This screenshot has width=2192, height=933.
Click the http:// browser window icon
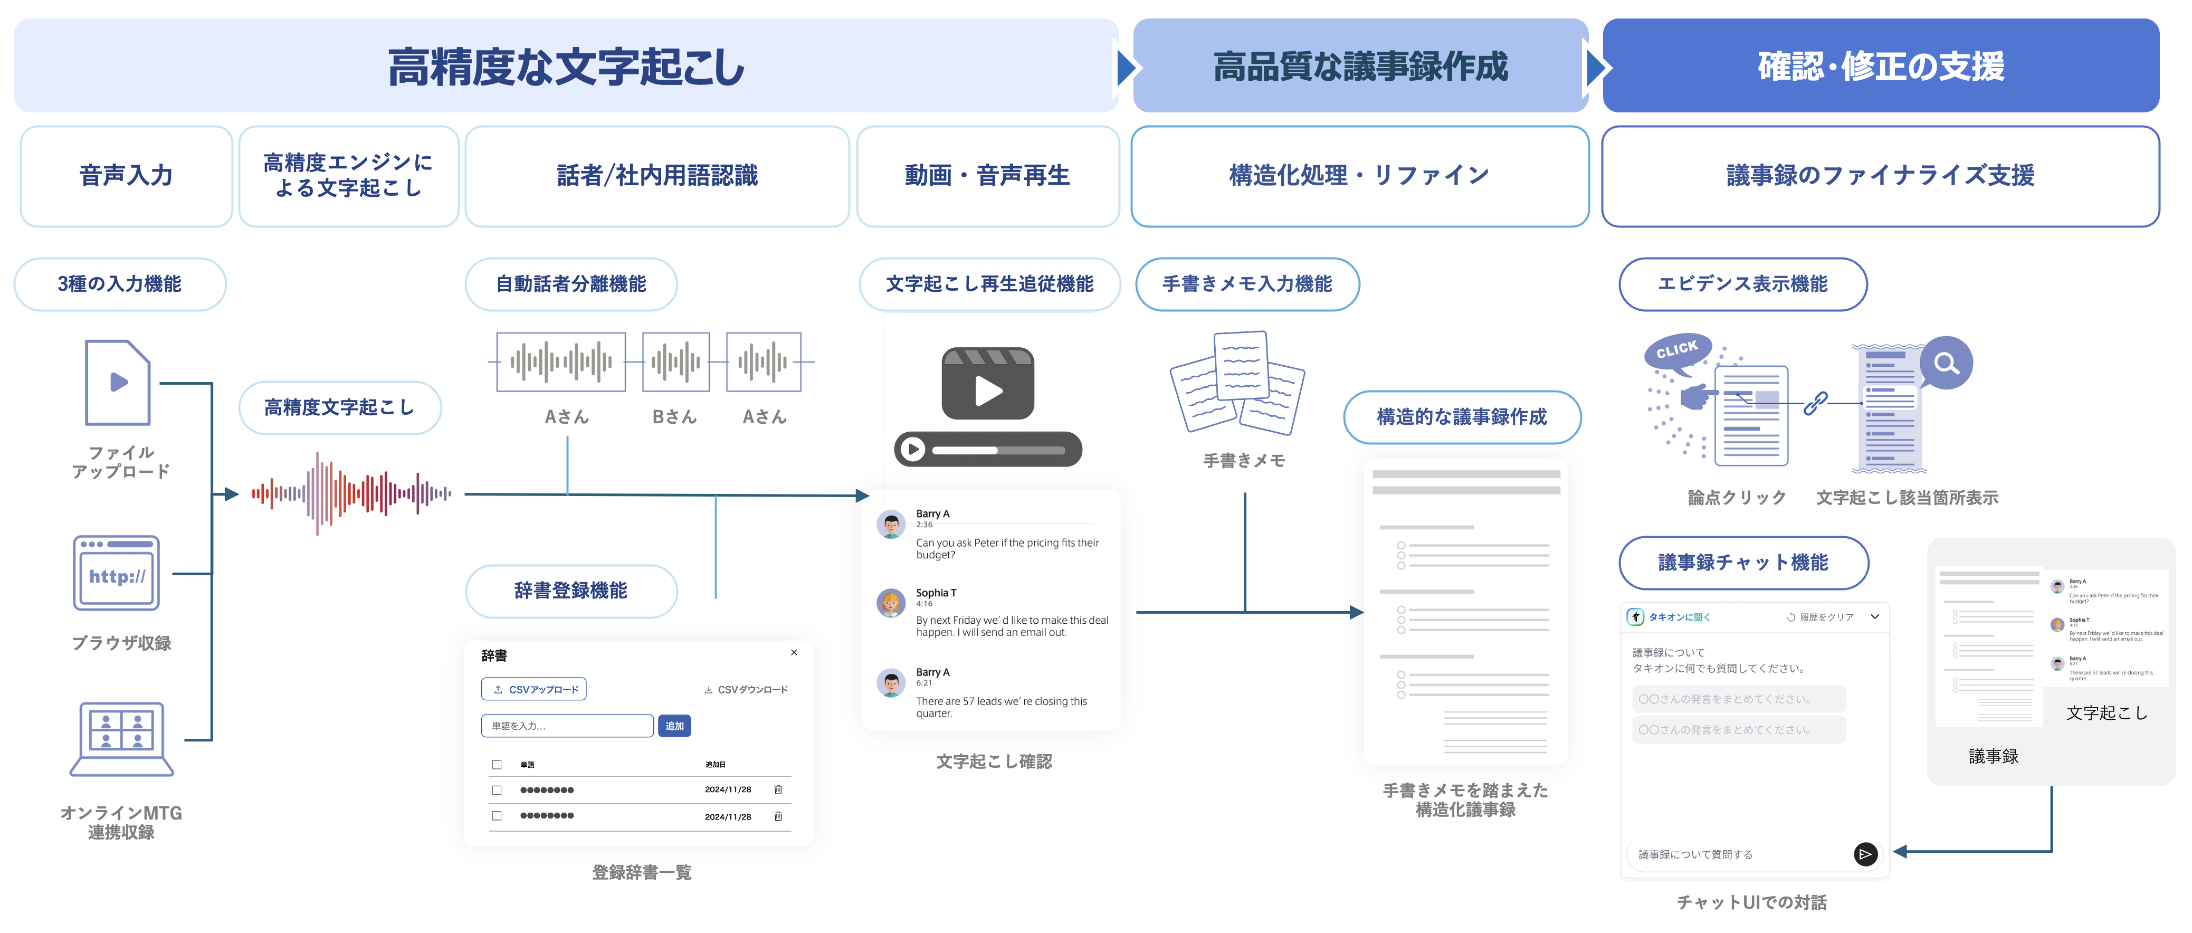117,573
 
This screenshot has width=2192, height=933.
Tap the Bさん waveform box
675,362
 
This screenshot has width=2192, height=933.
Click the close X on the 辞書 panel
794,653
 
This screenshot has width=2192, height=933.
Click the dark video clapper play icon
987,384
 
